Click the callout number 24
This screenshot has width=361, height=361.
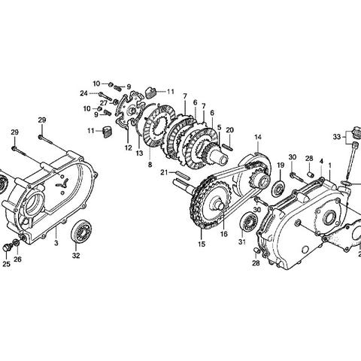pyautogui.click(x=83, y=93)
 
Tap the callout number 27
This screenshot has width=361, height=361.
pyautogui.click(x=104, y=103)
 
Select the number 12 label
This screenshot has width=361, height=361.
pyautogui.click(x=128, y=148)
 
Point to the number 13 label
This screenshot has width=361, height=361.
pyautogui.click(x=139, y=153)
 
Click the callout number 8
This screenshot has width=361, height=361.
pyautogui.click(x=150, y=165)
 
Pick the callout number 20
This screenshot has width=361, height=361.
pyautogui.click(x=229, y=130)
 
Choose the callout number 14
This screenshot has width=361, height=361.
pyautogui.click(x=258, y=137)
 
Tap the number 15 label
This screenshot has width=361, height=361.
pyautogui.click(x=202, y=244)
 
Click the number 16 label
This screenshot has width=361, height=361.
pyautogui.click(x=224, y=234)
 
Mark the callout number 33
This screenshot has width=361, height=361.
pyautogui.click(x=337, y=137)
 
